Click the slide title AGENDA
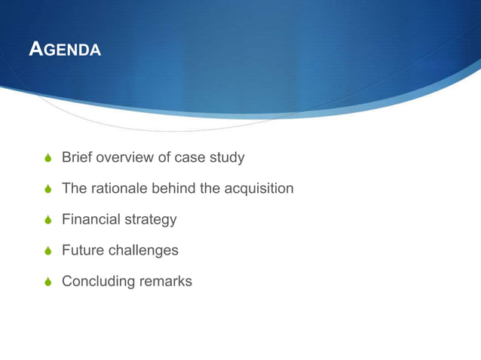(x=64, y=50)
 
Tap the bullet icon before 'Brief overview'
(x=49, y=159)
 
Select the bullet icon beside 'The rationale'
(x=49, y=190)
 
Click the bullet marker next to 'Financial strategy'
(x=49, y=221)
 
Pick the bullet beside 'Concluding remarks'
(x=49, y=282)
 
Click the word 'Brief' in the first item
(x=76, y=157)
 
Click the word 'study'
(x=227, y=158)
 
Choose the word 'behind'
(x=175, y=188)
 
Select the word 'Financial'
(x=90, y=219)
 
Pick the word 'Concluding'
(x=98, y=282)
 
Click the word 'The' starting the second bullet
(x=74, y=188)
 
